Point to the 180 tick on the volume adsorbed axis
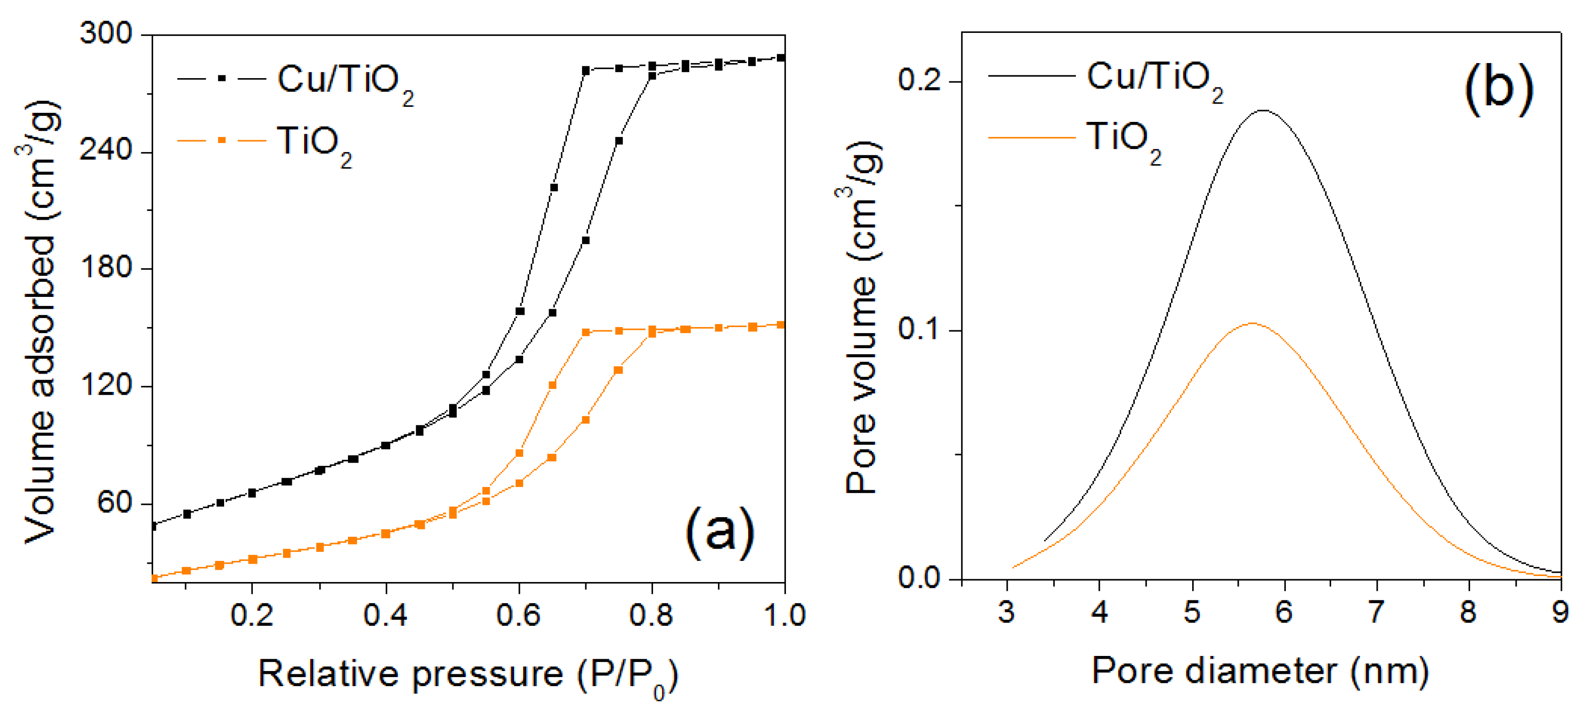106,267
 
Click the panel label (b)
1498,88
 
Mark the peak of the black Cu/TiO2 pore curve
1264,111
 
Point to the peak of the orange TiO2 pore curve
1252,323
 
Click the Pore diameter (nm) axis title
1260,671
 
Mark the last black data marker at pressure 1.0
781,58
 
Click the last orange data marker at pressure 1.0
781,325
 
